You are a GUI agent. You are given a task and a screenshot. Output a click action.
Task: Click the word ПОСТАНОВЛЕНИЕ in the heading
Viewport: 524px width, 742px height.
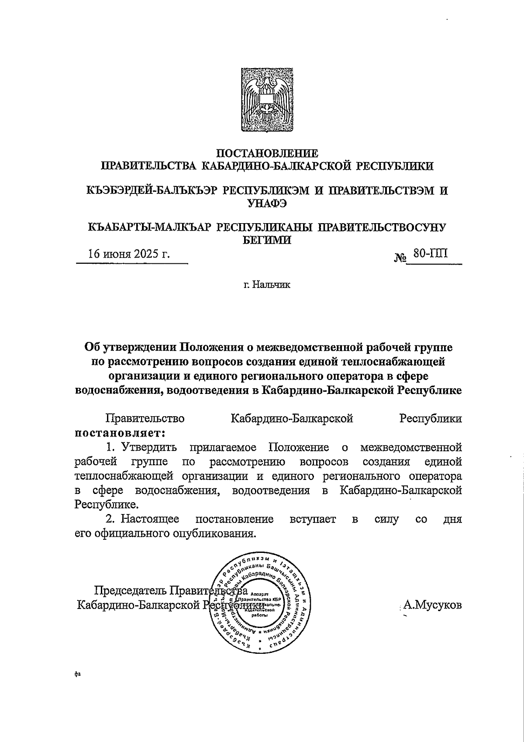click(268, 153)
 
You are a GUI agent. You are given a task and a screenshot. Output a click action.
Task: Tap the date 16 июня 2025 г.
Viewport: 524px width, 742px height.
click(129, 255)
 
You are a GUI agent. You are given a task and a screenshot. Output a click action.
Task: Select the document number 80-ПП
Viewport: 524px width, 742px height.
click(431, 254)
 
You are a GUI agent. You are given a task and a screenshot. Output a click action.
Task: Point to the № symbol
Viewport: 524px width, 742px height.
click(400, 258)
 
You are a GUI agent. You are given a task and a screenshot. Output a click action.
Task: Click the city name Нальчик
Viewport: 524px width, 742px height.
click(273, 285)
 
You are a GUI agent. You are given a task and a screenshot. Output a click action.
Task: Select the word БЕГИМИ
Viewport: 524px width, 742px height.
click(267, 240)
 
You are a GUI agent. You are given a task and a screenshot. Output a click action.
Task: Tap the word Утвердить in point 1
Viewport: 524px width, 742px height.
click(149, 448)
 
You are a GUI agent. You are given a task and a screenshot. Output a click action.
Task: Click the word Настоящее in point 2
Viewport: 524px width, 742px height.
click(150, 519)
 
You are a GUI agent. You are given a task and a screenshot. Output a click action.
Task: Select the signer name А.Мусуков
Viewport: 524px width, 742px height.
click(432, 605)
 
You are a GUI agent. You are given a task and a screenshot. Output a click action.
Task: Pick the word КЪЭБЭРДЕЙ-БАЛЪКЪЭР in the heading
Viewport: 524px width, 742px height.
click(151, 191)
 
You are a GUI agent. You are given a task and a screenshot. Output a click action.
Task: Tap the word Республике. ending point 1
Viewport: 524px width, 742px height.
click(107, 505)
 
